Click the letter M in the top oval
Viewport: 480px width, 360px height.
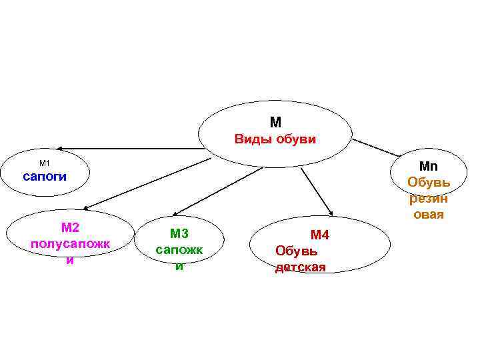[275, 123]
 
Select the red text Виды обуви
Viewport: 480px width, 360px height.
[275, 139]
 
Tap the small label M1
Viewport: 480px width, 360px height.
[45, 163]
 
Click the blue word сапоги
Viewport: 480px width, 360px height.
[45, 177]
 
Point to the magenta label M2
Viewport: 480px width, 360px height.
[70, 228]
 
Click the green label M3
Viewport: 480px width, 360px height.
[179, 233]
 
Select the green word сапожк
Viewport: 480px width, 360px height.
[178, 249]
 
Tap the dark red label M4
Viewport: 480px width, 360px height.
[320, 235]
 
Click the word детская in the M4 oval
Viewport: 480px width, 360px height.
[301, 267]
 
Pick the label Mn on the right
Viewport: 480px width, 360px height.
[428, 166]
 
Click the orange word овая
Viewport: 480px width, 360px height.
[428, 215]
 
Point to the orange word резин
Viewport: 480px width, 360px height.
[428, 198]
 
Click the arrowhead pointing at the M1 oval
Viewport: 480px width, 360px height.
[60, 148]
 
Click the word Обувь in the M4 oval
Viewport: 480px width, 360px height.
[296, 251]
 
